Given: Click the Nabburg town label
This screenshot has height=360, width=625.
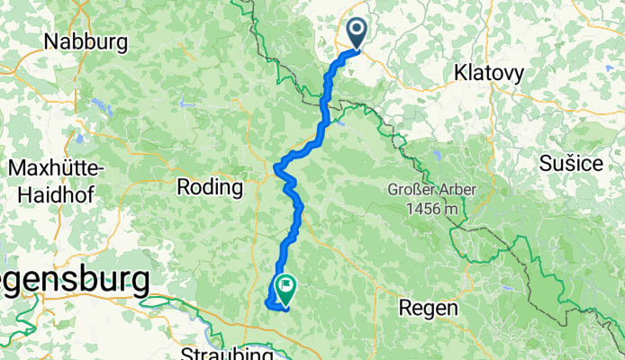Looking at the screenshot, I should pos(86,41).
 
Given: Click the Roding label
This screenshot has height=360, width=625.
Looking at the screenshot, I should pos(211,188).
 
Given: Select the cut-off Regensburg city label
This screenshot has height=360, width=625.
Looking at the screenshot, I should pos(72,281).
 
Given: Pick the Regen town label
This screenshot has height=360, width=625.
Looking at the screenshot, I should pos(430,307).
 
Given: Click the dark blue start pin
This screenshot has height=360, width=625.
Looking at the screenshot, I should pos(358,34).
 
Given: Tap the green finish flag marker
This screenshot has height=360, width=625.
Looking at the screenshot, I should pos(286,288).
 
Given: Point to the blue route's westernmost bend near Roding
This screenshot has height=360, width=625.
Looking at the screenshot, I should pos(276,166).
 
